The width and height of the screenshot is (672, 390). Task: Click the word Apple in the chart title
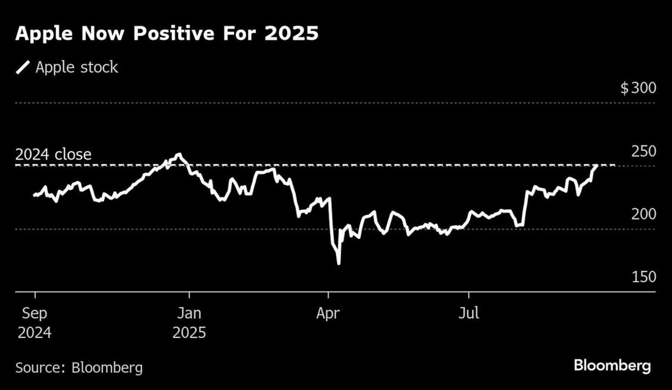point(44,34)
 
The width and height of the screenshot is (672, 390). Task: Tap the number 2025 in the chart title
point(291,34)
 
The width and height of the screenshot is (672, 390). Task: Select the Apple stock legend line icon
point(23,68)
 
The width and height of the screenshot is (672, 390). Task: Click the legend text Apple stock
point(77,68)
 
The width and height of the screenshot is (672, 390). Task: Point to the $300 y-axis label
point(638,88)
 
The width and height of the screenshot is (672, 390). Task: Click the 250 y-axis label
point(643,152)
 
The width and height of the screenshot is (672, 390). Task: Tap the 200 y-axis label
point(643,214)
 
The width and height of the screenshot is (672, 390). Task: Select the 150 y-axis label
point(643,277)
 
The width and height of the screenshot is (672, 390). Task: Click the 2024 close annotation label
point(53,155)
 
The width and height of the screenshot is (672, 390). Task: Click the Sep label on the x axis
point(34,313)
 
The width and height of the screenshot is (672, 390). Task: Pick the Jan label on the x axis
point(189,313)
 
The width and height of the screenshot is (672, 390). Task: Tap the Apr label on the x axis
point(328,313)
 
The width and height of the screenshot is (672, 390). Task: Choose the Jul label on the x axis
point(469,313)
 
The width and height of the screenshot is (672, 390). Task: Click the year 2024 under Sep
point(34,333)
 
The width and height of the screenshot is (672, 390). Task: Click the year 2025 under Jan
point(189,333)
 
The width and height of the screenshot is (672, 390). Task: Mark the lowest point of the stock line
point(339,264)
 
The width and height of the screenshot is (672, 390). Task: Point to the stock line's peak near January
point(179,155)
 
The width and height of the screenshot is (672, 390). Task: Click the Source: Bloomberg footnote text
point(79,368)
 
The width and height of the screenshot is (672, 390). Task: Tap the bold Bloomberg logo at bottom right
point(612,366)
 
